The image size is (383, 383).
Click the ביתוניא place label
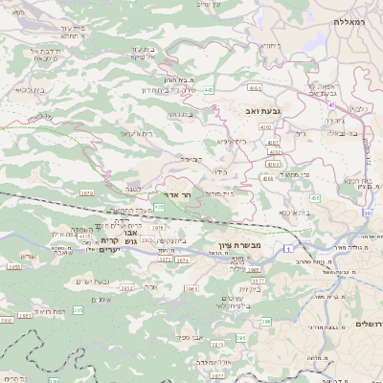click(271, 45)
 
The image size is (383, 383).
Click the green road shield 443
click(209, 91)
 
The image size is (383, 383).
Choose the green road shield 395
click(240, 338)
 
